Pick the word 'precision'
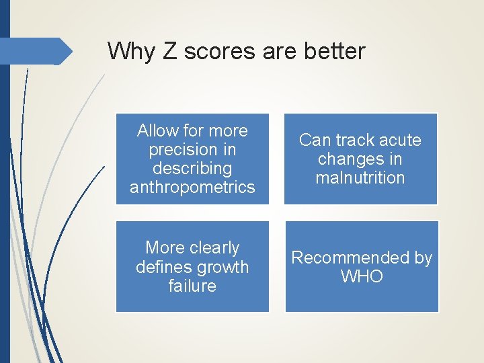pos(174,149)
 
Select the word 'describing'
pos(192,168)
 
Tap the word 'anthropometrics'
pos(192,187)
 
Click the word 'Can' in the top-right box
pos(314,140)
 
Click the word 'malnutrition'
pos(360,177)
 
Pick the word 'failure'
pos(192,286)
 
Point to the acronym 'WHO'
pos(361,276)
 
